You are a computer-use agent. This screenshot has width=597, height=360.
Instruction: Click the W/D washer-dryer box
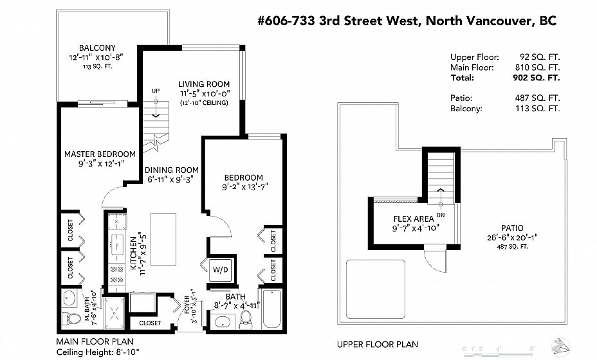click(x=220, y=270)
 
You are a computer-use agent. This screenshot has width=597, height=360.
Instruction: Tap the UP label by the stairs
click(x=156, y=91)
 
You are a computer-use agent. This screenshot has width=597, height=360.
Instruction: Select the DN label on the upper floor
click(x=441, y=215)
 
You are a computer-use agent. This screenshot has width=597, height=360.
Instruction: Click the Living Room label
click(x=204, y=84)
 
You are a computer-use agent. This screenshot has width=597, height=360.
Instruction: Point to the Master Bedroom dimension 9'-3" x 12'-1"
click(x=100, y=164)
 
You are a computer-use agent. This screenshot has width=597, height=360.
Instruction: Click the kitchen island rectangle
click(x=163, y=239)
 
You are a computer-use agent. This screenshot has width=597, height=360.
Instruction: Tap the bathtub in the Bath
click(x=272, y=309)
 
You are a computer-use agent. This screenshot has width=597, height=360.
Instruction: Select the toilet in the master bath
click(x=71, y=318)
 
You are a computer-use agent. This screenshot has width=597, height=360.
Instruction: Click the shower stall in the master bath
click(x=115, y=314)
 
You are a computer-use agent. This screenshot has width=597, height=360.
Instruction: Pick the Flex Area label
click(x=414, y=219)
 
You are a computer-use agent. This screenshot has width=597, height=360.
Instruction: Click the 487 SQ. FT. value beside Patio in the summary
click(x=537, y=98)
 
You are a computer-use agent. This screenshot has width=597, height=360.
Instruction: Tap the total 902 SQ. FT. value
click(x=537, y=78)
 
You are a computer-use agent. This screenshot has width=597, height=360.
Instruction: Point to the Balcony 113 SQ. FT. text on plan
click(x=98, y=66)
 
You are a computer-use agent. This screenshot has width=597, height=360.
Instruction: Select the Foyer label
click(x=187, y=304)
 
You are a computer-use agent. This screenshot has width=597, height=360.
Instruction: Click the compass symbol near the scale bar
click(x=561, y=345)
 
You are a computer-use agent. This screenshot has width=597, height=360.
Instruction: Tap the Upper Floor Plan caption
click(x=378, y=345)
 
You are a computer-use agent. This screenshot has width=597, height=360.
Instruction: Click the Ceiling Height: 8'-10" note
click(x=98, y=352)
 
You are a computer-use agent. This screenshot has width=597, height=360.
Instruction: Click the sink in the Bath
click(x=222, y=322)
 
